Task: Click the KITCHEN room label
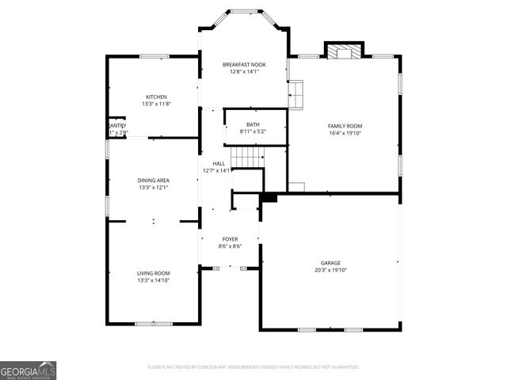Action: (156, 97)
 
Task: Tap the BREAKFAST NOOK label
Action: (243, 64)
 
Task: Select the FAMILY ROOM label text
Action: (345, 126)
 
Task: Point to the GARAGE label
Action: (330, 263)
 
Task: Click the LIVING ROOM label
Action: (154, 273)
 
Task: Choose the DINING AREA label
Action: (154, 180)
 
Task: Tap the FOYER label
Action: (230, 239)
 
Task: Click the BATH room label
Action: (253, 124)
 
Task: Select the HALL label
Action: (218, 163)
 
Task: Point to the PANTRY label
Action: (116, 125)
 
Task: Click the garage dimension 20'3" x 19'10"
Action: (330, 270)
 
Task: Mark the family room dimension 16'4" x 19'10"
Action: (345, 133)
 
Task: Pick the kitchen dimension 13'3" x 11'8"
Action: (156, 104)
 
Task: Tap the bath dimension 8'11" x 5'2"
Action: (253, 131)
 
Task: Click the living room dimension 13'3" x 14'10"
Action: (154, 280)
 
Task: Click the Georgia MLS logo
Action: (28, 370)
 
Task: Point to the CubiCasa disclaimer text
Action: (253, 367)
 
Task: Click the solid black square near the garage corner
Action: (269, 196)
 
